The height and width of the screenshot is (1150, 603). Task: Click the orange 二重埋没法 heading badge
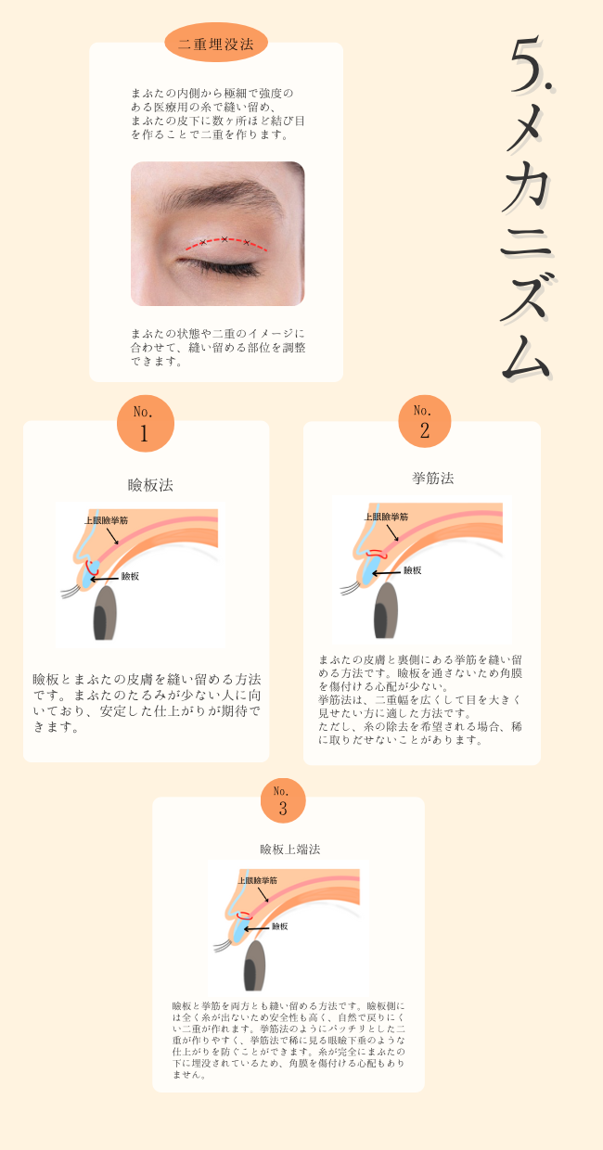point(215,43)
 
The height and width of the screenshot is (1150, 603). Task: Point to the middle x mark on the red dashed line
point(225,239)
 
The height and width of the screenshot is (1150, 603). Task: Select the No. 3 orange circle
point(282,800)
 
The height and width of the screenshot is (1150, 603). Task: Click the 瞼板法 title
point(150,484)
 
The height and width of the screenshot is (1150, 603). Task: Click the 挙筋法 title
point(432,478)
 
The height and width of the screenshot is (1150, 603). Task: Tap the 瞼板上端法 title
point(289,849)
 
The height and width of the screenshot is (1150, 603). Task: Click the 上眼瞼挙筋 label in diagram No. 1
point(106,520)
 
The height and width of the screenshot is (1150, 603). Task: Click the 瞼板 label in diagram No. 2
point(411,570)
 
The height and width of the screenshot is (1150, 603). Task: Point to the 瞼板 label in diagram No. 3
point(279,926)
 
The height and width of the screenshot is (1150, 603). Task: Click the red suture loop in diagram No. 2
point(375,554)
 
